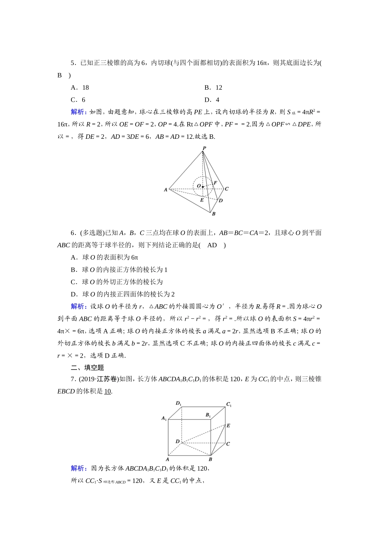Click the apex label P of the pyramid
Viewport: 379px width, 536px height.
coord(204,148)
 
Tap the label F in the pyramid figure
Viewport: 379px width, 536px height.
coord(215,183)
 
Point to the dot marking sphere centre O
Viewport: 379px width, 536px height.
coord(203,187)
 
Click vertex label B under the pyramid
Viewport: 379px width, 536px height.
coord(214,214)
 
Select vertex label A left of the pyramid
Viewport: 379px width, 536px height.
coord(166,190)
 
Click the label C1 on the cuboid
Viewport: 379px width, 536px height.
coord(229,404)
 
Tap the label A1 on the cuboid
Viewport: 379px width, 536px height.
coord(164,418)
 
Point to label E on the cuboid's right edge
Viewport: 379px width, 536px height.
coord(228,426)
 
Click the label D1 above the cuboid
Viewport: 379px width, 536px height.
coord(178,403)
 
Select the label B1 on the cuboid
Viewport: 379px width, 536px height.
coord(208,415)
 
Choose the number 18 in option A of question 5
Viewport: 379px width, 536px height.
coord(85,88)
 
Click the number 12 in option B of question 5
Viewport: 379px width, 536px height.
coord(219,88)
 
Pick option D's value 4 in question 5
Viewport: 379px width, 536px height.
coord(217,100)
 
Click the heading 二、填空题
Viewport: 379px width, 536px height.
coord(87,368)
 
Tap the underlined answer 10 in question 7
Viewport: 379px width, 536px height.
coord(108,391)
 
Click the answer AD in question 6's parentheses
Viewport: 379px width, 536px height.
coord(212,245)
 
